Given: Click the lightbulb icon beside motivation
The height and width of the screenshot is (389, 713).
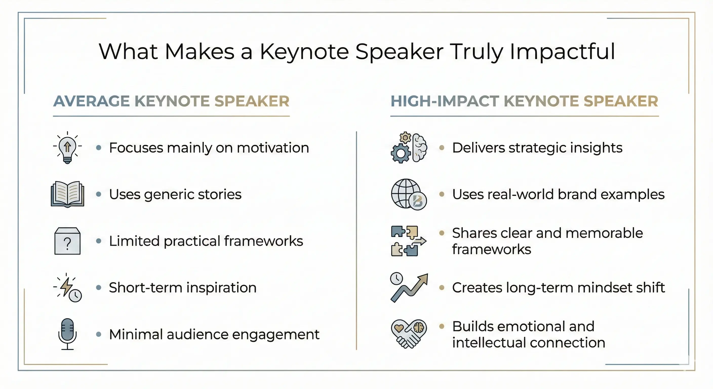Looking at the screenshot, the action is click(x=67, y=148).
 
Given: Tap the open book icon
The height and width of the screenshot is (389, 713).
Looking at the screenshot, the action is click(x=68, y=194).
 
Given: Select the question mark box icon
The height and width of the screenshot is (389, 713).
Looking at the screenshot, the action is click(x=68, y=241).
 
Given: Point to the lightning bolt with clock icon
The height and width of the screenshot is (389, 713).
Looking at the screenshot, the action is click(x=68, y=288).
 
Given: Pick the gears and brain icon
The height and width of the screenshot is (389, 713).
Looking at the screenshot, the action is click(x=409, y=148).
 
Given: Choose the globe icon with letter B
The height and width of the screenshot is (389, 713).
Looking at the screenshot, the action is click(x=409, y=194).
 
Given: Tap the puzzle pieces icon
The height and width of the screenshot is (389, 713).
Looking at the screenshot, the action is click(x=409, y=241).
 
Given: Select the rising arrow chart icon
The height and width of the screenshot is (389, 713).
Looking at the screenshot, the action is click(x=409, y=288).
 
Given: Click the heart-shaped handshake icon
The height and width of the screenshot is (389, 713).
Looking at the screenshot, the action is click(x=409, y=334).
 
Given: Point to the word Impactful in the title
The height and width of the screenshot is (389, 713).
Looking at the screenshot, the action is click(x=562, y=52).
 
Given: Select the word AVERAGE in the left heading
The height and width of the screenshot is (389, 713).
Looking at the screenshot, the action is click(x=91, y=101).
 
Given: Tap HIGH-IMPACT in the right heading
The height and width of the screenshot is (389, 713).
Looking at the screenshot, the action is click(x=445, y=101).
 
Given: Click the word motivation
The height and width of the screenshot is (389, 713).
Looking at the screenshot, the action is click(x=273, y=148).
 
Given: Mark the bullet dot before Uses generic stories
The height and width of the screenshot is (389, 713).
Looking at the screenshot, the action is click(x=98, y=194).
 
